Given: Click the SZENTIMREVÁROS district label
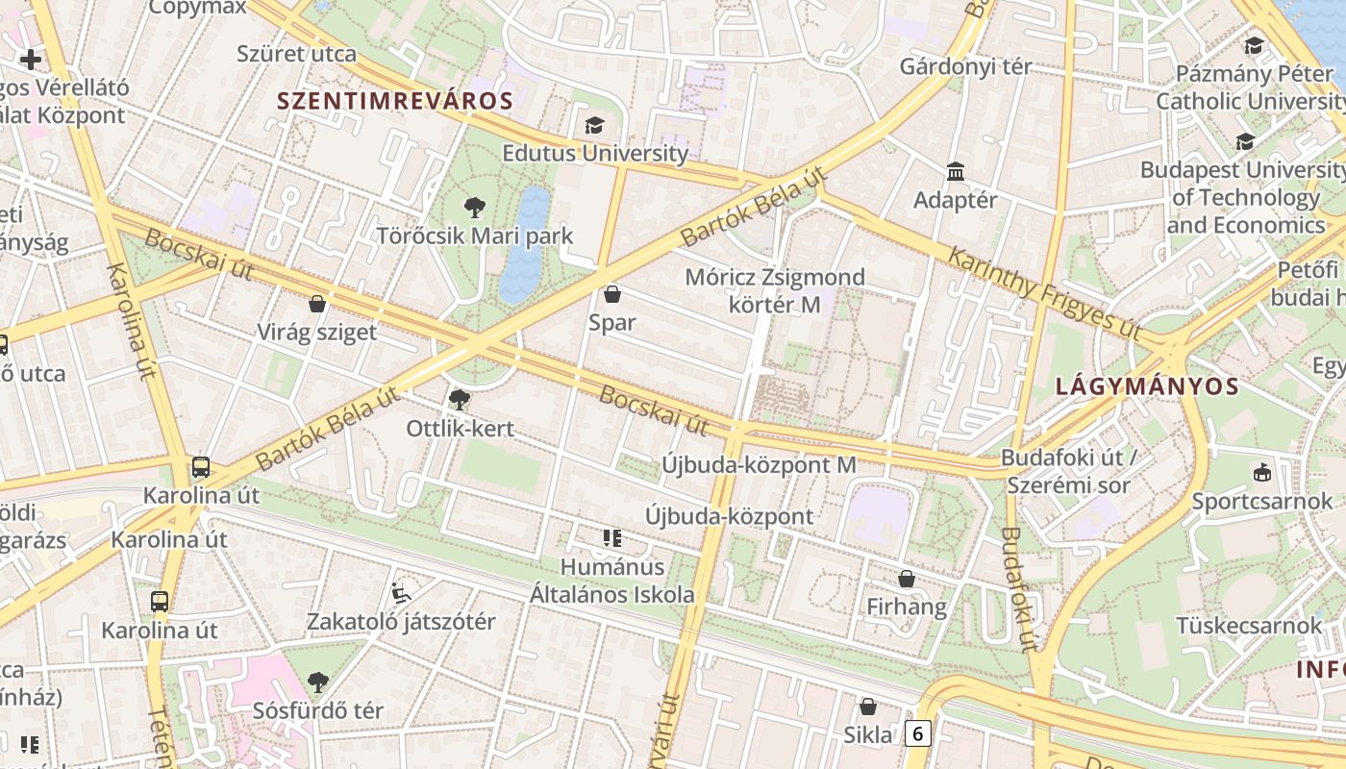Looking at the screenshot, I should pyautogui.click(x=395, y=100).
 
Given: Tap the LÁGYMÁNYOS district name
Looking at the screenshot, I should pyautogui.click(x=1147, y=386).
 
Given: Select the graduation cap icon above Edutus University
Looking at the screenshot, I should pyautogui.click(x=594, y=126).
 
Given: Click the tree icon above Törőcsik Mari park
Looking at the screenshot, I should pyautogui.click(x=474, y=208).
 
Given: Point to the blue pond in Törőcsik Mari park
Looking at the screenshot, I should pyautogui.click(x=525, y=245).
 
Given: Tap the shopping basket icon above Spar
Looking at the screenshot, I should pyautogui.click(x=612, y=294).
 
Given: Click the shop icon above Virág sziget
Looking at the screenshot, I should pyautogui.click(x=317, y=305).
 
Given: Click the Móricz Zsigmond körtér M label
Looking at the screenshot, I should pyautogui.click(x=774, y=290).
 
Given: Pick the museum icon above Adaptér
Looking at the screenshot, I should pyautogui.click(x=956, y=172).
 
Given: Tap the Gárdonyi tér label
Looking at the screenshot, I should pyautogui.click(x=965, y=66).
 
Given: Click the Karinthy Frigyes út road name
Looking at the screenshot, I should pyautogui.click(x=1044, y=292).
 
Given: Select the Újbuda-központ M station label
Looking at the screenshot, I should pyautogui.click(x=759, y=464).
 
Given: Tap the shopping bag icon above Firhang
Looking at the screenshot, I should pyautogui.click(x=906, y=579).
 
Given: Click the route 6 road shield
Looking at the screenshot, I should pyautogui.click(x=917, y=734).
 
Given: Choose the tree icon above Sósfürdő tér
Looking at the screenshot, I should pyautogui.click(x=317, y=682).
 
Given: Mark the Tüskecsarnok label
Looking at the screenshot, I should pyautogui.click(x=1250, y=626).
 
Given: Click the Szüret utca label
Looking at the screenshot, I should pyautogui.click(x=296, y=54).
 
